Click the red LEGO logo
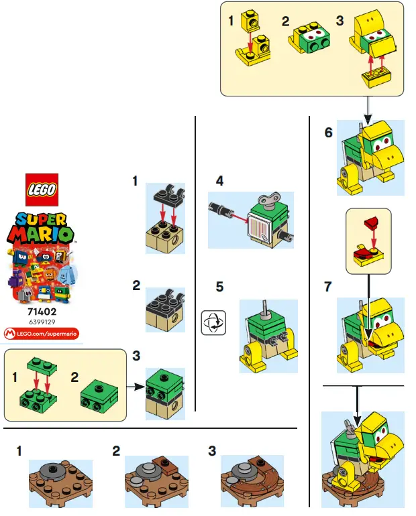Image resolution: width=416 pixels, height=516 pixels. click(41, 189)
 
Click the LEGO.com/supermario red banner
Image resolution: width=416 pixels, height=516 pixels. click(41, 332)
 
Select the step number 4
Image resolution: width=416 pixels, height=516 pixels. click(219, 182)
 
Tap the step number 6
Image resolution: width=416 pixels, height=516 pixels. click(328, 133)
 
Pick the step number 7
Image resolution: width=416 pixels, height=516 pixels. click(328, 287)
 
